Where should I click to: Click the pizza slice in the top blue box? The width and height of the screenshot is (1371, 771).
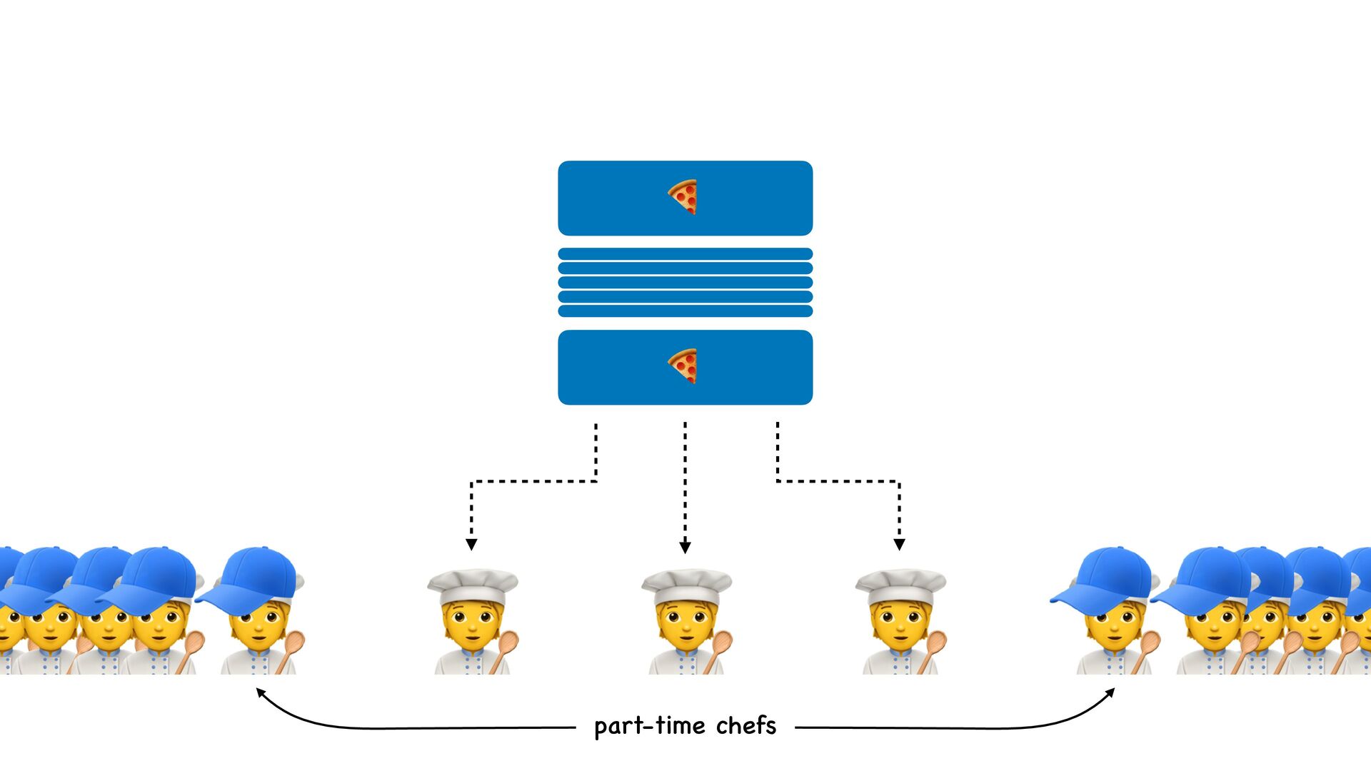coord(683,197)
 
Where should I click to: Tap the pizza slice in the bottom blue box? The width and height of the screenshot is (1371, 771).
coord(683,366)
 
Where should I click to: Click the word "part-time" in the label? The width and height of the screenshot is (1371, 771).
coord(649,726)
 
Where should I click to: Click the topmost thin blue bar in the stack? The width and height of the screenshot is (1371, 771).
coord(685,254)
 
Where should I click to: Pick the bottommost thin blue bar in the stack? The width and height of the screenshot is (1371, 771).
coord(685,311)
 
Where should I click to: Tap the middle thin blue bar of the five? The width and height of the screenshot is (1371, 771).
coord(685,283)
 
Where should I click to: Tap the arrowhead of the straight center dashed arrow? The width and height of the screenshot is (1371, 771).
coord(685,548)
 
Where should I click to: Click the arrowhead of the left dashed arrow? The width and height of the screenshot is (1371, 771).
coord(471,545)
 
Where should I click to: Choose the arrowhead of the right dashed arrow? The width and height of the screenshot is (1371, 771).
coord(899,545)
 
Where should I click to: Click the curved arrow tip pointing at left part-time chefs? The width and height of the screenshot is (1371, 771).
coord(261,692)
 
